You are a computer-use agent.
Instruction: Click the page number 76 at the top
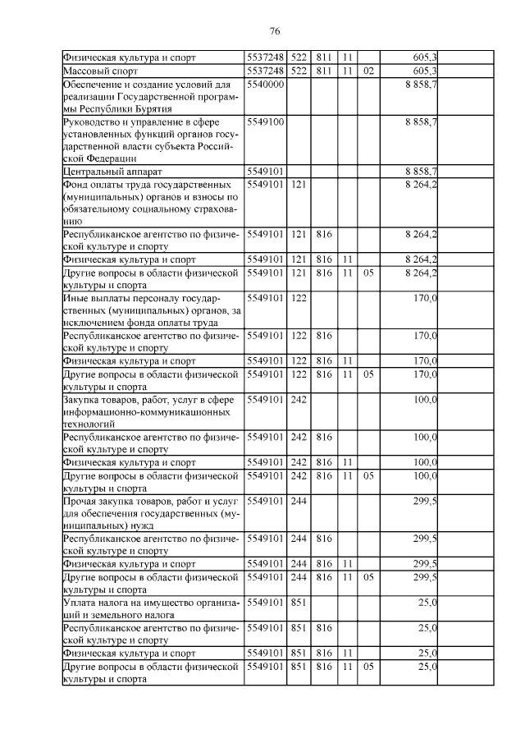click(x=275, y=30)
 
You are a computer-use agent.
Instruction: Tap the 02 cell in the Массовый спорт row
click(x=368, y=71)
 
